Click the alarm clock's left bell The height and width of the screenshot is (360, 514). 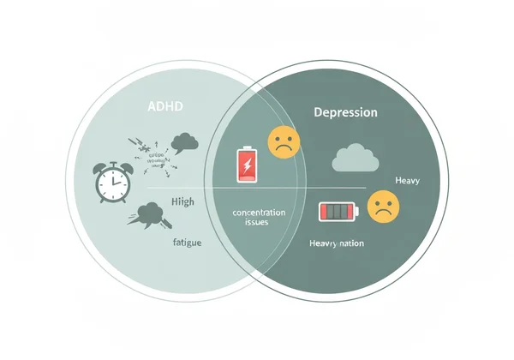(x=101, y=165)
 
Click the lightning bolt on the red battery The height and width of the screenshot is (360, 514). (x=247, y=164)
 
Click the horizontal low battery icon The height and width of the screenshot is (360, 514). (x=338, y=211)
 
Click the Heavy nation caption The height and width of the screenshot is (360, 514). (x=336, y=243)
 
